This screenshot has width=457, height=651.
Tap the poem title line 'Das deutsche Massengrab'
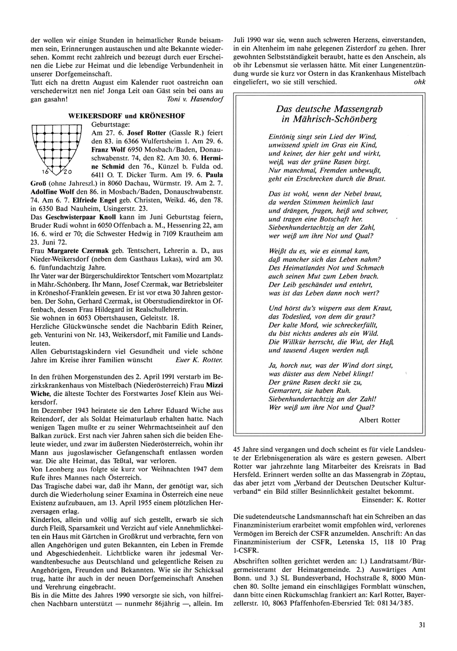click(329, 109)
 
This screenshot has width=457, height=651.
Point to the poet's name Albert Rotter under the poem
click(379, 420)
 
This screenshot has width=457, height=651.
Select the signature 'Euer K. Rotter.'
click(199, 360)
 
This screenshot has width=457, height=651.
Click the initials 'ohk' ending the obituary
click(419, 82)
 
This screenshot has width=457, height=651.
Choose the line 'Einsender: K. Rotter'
click(393, 500)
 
